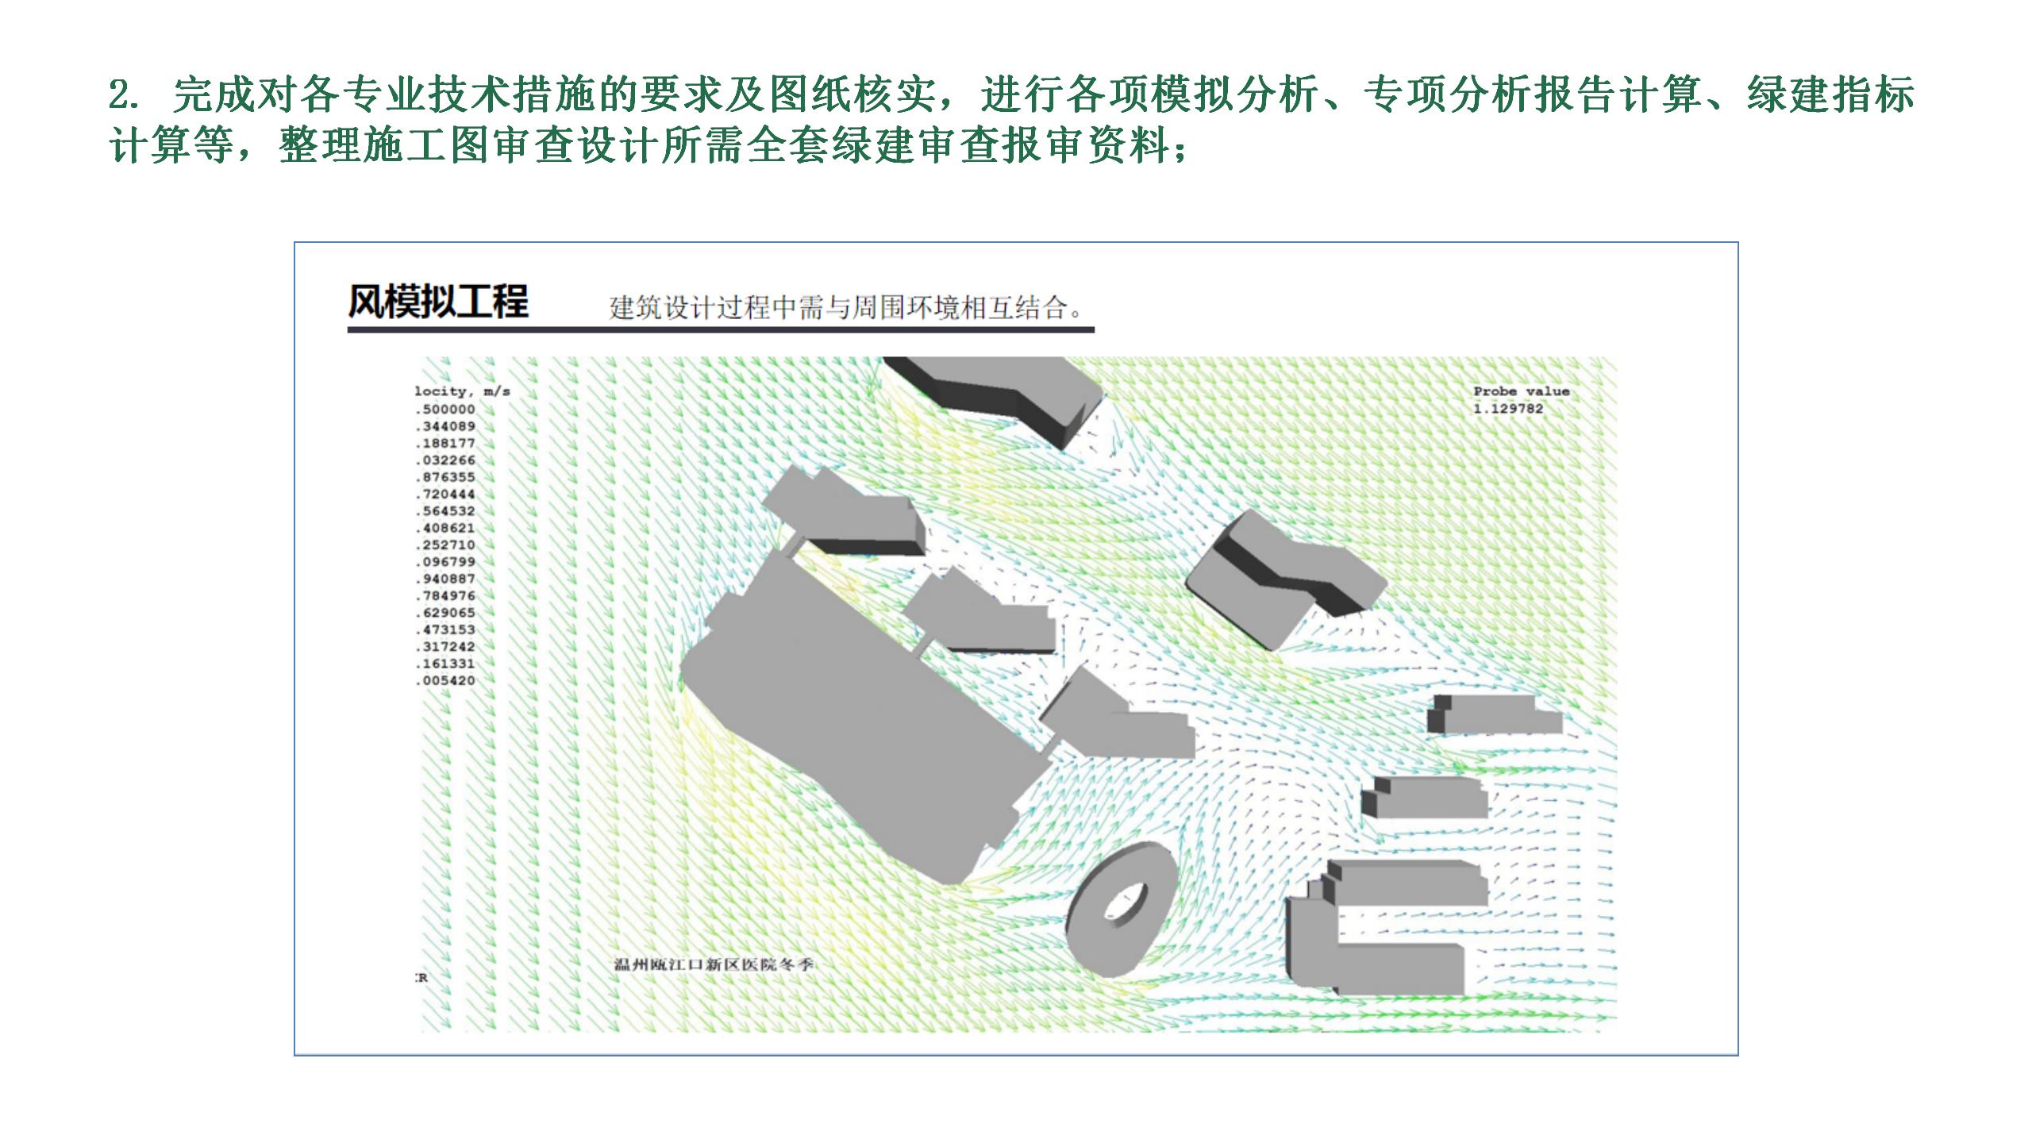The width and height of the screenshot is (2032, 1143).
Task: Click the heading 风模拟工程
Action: coord(437,302)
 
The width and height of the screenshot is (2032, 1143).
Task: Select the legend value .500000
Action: coord(446,410)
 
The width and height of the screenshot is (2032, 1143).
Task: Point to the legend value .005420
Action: coord(446,681)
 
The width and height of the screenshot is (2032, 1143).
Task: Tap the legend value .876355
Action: coord(446,478)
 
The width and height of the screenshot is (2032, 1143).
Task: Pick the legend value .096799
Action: coord(446,562)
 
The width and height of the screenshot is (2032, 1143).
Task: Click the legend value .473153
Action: coord(446,630)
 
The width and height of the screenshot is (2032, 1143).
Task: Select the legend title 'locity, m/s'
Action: coord(462,391)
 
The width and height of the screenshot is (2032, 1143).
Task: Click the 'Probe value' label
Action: coord(1521,391)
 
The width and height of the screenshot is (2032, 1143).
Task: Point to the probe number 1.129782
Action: coord(1508,409)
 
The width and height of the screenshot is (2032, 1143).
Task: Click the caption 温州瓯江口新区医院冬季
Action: coord(714,965)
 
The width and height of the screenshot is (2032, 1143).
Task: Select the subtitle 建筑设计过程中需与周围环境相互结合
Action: coord(845,308)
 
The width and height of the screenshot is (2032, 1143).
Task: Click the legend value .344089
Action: coord(446,427)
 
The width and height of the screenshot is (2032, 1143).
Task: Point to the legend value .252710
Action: coord(446,545)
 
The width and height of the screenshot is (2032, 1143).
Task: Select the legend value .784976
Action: coord(446,596)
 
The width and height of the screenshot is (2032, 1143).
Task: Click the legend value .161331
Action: coord(446,664)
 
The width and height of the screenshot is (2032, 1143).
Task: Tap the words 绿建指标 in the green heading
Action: coord(1830,95)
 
